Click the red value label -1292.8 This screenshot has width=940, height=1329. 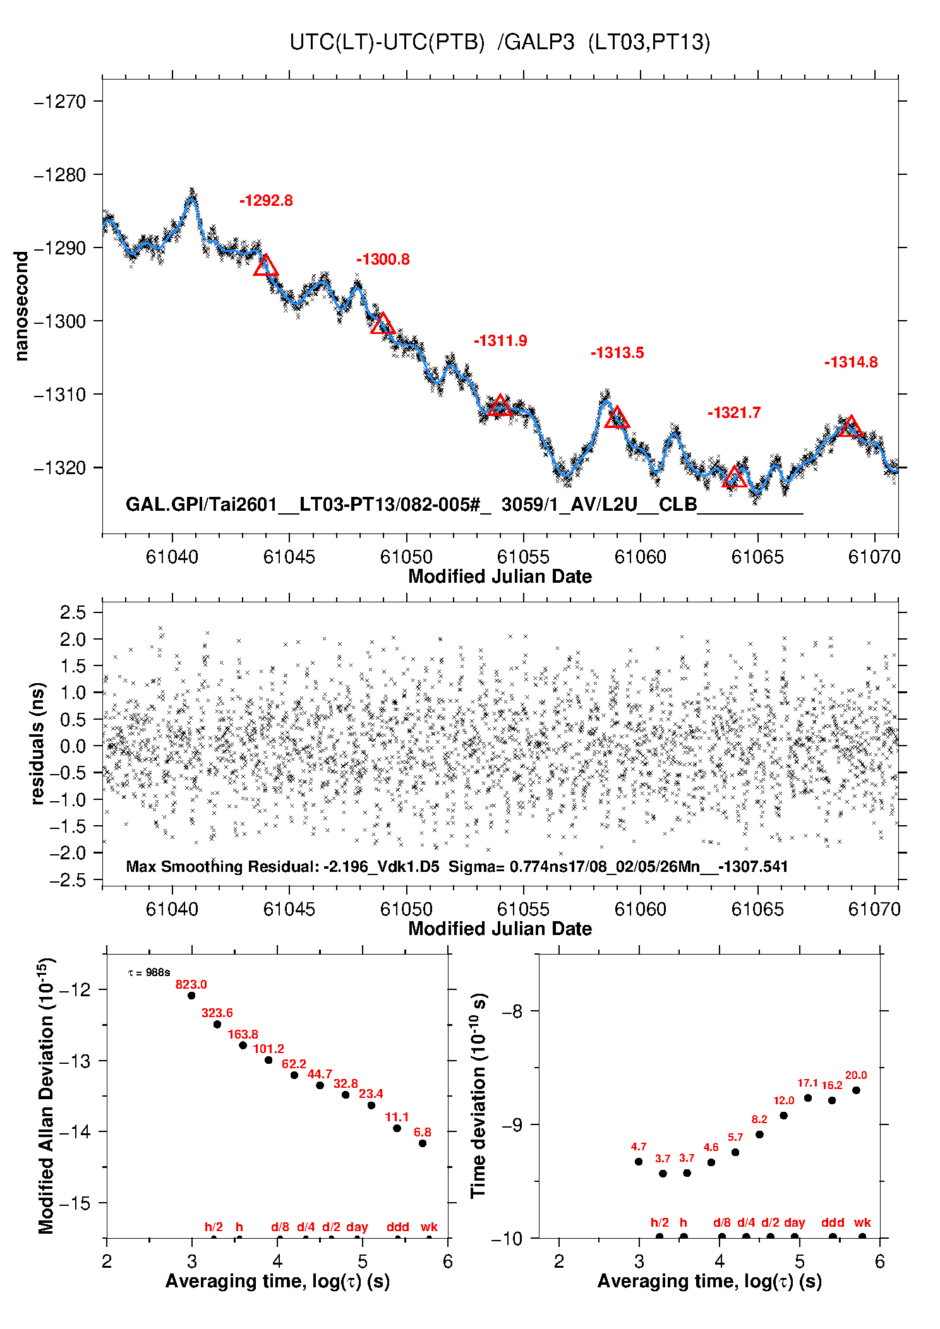[x=266, y=201]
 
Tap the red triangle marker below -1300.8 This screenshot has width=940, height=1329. [x=383, y=324]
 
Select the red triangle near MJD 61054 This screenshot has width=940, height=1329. [x=500, y=406]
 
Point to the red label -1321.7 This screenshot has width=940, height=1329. [x=734, y=413]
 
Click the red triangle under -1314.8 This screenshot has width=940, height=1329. [x=851, y=427]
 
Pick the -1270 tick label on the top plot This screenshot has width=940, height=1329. [x=61, y=102]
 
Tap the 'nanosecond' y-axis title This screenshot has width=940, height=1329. [x=22, y=306]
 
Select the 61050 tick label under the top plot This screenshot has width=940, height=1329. [x=406, y=557]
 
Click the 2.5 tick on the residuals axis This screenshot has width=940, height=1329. [x=73, y=612]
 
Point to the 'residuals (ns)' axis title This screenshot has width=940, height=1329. [x=38, y=743]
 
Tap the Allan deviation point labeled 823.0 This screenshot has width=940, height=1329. [x=191, y=996]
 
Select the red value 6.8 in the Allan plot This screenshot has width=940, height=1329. [x=422, y=1132]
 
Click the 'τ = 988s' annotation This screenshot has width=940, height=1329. [x=149, y=972]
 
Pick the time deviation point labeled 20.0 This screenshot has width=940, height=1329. [x=856, y=1090]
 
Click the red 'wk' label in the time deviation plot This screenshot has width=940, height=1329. [x=862, y=1222]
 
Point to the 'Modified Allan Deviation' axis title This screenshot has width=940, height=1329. [x=46, y=1095]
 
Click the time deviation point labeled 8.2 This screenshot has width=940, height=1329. [x=759, y=1135]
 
